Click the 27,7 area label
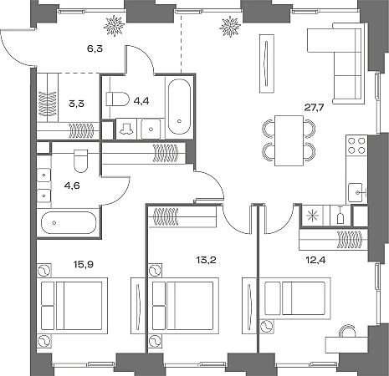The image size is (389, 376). pos(314,108)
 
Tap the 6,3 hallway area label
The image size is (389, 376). pos(95,48)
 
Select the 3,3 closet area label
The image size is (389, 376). pos(76,104)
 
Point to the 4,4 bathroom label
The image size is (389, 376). pos(141,101)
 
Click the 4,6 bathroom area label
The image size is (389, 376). pos(72,185)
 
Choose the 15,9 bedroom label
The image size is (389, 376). pos(84,264)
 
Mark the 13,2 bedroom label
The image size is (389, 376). pos(207,261)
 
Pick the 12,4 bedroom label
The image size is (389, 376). pos(315,261)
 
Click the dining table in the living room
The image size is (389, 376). pos(289,140)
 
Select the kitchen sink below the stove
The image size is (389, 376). pos(356,192)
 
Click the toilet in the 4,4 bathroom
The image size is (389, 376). pos(118,99)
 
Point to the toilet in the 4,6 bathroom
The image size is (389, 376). pos(81,161)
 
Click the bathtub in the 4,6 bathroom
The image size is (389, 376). pos(69,223)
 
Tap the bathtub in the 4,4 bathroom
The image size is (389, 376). pos(179,107)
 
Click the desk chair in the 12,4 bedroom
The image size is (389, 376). pos(348,331)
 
